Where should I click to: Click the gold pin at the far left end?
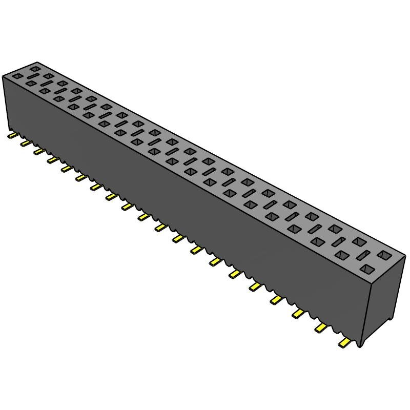[x=11, y=136]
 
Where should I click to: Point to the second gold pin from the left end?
[x=25, y=144]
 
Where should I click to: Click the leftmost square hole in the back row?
[x=35, y=68]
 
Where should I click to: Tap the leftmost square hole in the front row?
[x=17, y=76]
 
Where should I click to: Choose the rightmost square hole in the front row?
[x=367, y=269]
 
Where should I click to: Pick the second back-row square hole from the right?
[x=359, y=240]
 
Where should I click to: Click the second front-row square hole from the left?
[x=31, y=83]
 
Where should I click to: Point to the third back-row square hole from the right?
[x=335, y=228]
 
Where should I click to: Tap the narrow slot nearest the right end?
[x=363, y=255]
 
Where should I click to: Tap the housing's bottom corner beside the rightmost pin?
[x=362, y=346]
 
